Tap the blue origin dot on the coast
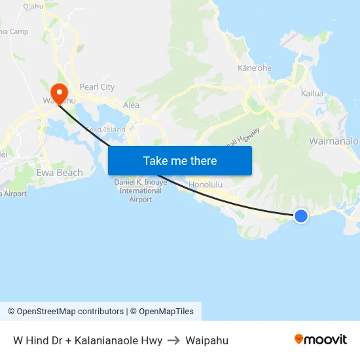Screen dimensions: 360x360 300,215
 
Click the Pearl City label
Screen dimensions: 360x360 97,87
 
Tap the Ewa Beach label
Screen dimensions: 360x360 60,173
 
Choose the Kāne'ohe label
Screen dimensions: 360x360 255,68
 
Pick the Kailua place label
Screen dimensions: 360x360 312,94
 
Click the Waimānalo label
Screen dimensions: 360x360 333,141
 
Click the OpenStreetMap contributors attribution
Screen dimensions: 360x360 65,312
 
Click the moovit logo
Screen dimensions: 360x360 321,339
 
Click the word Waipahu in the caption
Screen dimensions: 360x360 207,340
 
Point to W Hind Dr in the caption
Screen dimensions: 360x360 37,340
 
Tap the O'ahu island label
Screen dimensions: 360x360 33,6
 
